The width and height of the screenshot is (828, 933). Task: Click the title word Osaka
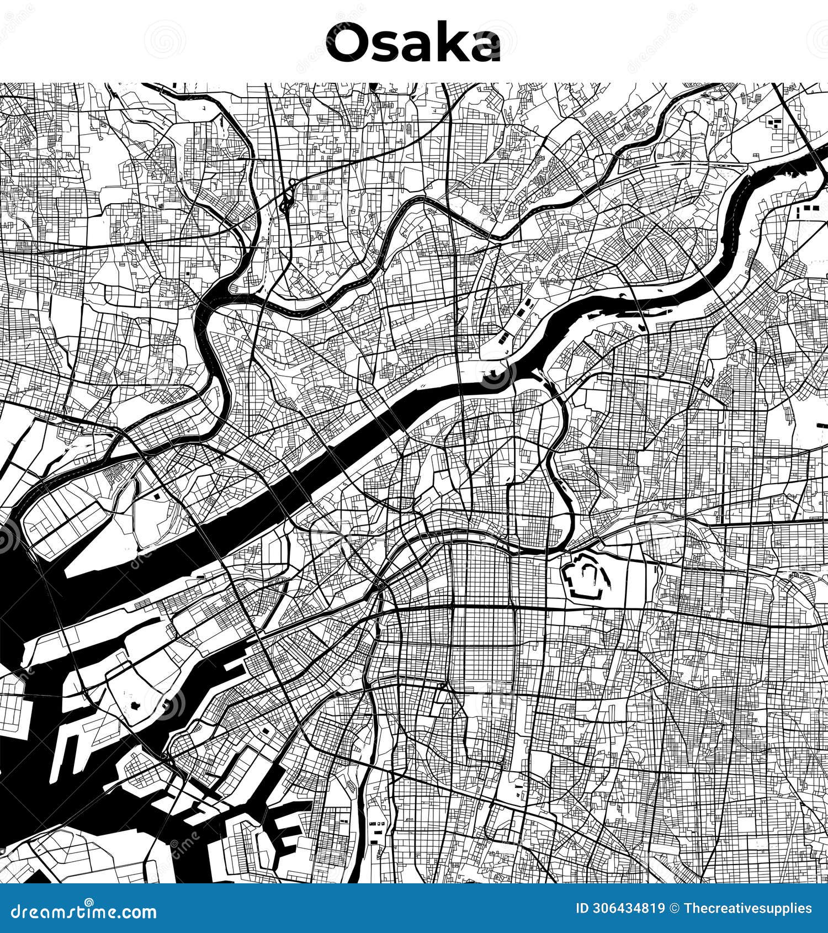tap(413, 43)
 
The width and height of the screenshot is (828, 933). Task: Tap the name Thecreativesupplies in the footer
tap(747, 909)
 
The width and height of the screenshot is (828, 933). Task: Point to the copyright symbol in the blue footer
tap(675, 909)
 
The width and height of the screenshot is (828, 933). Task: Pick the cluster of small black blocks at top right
tap(775, 123)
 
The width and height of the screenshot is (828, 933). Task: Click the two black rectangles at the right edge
tap(808, 209)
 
